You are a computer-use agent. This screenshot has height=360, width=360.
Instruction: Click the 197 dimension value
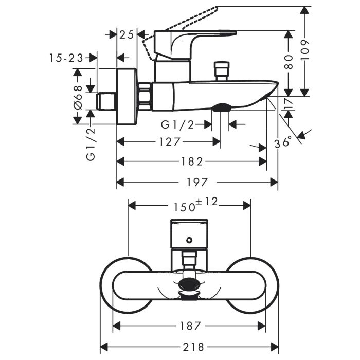197,182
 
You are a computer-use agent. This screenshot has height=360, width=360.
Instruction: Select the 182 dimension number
192,161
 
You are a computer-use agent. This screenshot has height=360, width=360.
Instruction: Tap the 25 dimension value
127,34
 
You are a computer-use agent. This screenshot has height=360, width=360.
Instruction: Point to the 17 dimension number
289,104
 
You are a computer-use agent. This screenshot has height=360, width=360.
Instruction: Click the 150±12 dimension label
197,205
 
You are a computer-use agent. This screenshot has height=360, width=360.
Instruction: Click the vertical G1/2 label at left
91,145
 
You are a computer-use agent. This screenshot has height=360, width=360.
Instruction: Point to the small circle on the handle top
189,240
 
